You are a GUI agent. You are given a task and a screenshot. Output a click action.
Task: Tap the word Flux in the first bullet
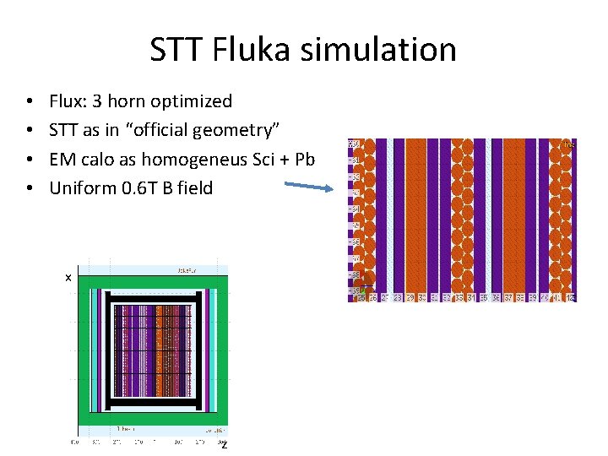coord(68,101)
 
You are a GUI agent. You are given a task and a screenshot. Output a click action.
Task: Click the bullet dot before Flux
coord(30,102)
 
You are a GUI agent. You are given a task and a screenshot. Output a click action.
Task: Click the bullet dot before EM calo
coord(30,160)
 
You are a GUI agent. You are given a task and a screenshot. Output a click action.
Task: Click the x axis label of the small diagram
coord(68,278)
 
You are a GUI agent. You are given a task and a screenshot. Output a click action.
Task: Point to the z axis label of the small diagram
coord(223,444)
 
